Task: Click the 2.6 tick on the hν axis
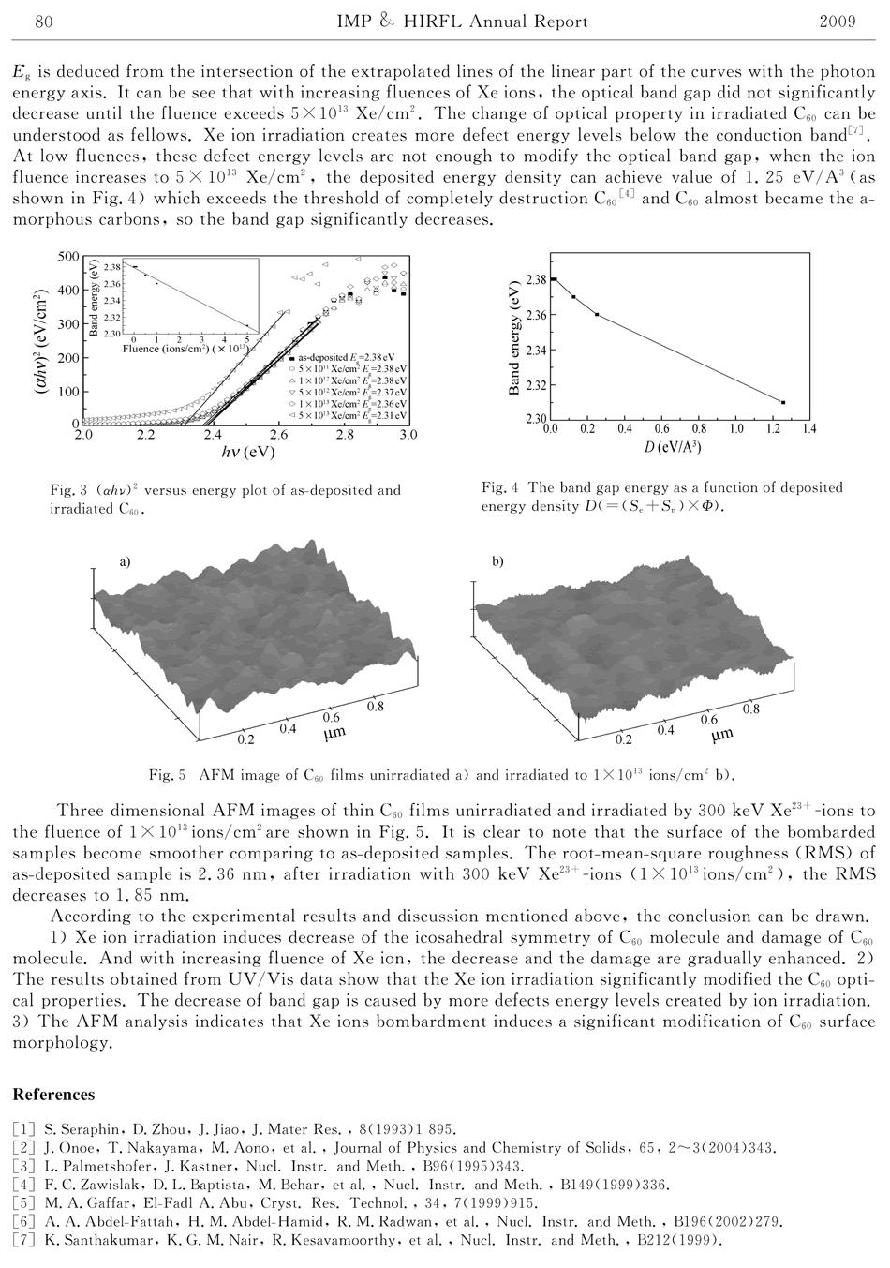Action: pyautogui.click(x=278, y=435)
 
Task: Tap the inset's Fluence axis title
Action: pyautogui.click(x=188, y=348)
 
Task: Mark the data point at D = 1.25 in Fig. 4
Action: pyautogui.click(x=782, y=402)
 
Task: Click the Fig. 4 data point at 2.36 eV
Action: pyautogui.click(x=597, y=314)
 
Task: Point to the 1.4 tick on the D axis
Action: pyautogui.click(x=808, y=429)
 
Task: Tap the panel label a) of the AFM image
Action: pyautogui.click(x=124, y=562)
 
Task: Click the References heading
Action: pyautogui.click(x=53, y=1095)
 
